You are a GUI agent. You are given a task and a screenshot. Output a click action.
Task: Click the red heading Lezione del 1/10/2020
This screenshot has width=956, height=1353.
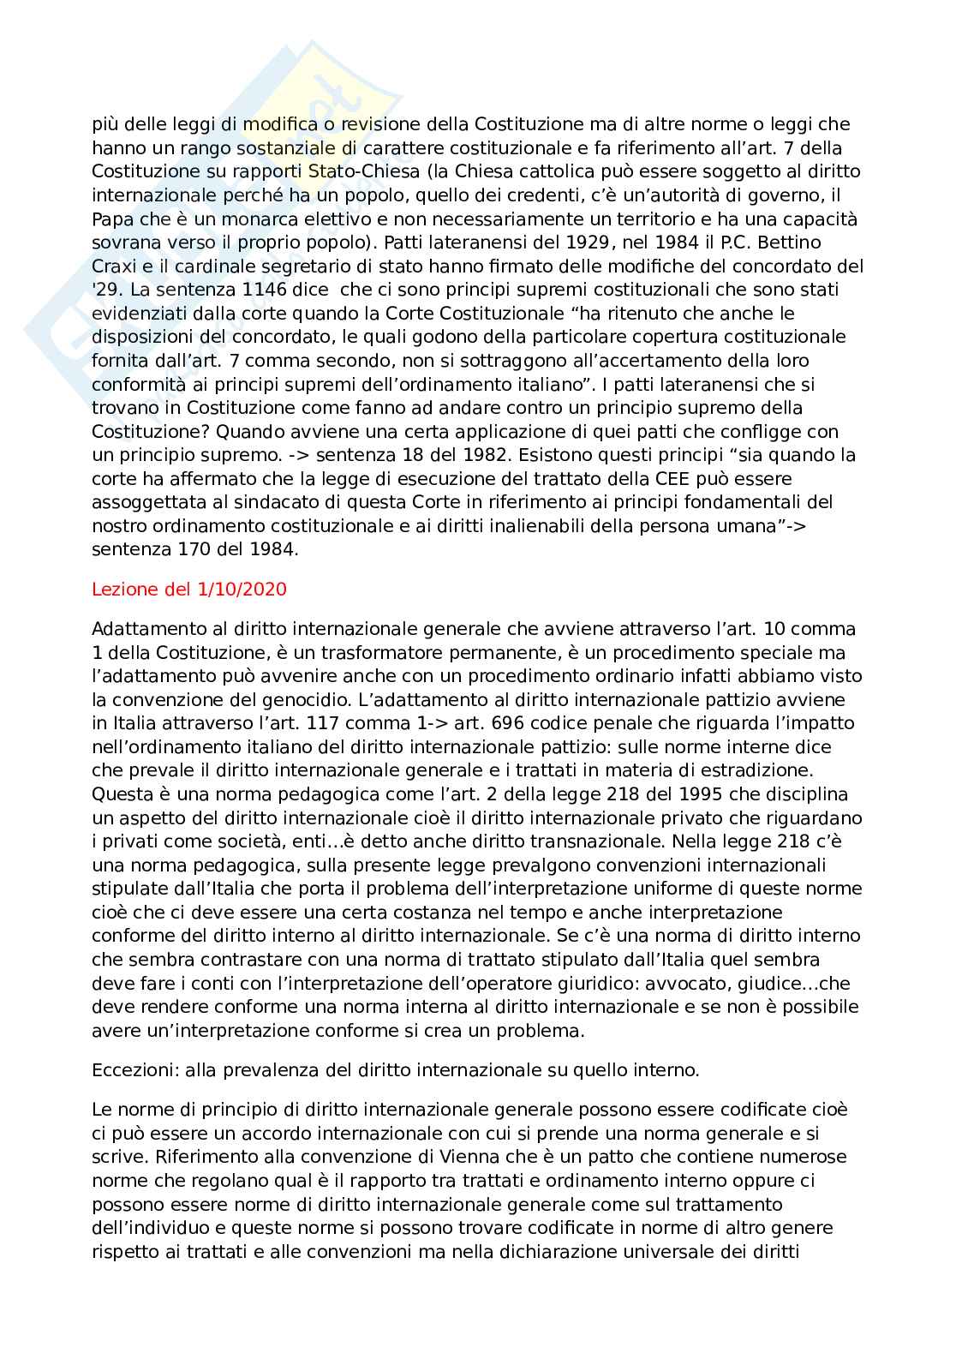coord(188,590)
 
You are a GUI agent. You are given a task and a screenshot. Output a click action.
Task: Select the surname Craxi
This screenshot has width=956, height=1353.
coord(117,266)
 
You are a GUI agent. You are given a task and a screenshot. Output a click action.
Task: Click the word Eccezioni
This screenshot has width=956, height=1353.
coord(128,1070)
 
